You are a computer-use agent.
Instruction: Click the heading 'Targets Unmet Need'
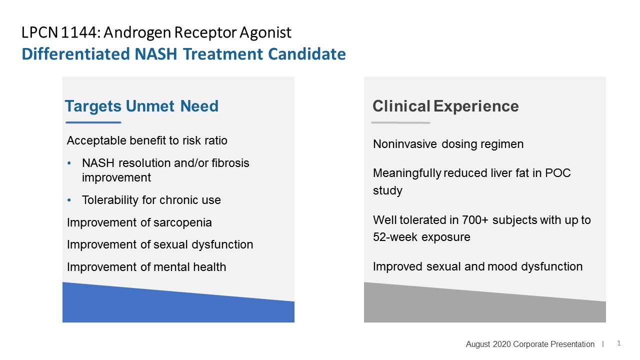tap(141, 106)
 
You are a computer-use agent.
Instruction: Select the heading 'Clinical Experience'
tap(445, 106)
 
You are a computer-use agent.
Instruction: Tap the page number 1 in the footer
tap(619, 343)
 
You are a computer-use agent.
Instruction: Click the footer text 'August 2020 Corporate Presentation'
tap(530, 344)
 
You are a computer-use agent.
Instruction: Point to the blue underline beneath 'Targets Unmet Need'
tap(93, 122)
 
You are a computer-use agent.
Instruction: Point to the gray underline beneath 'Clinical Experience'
tap(400, 122)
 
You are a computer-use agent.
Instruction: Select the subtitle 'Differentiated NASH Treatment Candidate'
tap(183, 54)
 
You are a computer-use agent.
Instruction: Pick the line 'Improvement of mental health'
tap(146, 267)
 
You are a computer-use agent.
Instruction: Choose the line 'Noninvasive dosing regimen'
tap(448, 144)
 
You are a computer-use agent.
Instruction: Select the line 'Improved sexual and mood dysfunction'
tap(477, 266)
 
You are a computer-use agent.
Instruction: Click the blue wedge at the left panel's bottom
tap(178, 307)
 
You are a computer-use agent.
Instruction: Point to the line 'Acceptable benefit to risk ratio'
tap(147, 140)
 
